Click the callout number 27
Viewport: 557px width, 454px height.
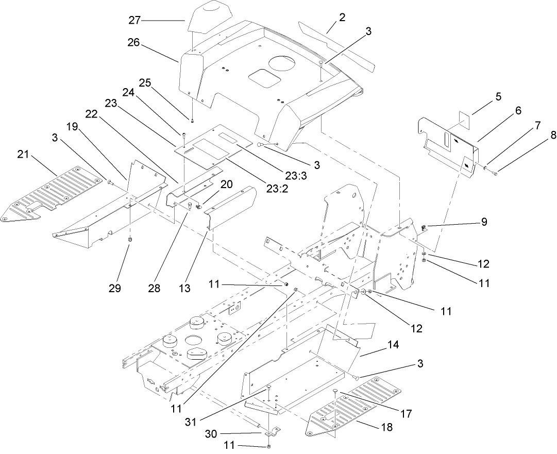coord(134,20)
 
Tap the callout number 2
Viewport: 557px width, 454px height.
coord(342,17)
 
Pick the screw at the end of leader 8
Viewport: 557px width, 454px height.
coord(495,175)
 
